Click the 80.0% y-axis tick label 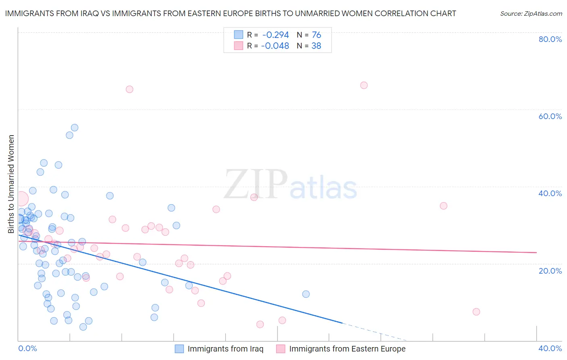(550, 39)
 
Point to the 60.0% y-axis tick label (550, 116)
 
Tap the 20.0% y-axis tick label (550, 271)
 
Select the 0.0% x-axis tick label (27, 348)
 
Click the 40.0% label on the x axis (550, 348)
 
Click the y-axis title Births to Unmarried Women (11, 184)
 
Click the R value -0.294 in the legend (275, 35)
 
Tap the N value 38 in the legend (316, 46)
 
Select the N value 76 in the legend (316, 35)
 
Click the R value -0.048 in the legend (275, 46)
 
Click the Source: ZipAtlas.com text (531, 14)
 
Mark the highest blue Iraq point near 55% (75, 128)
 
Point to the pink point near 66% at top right (364, 85)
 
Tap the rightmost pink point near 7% (476, 312)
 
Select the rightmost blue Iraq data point (306, 294)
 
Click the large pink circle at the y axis (21, 199)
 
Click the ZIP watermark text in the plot (255, 184)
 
